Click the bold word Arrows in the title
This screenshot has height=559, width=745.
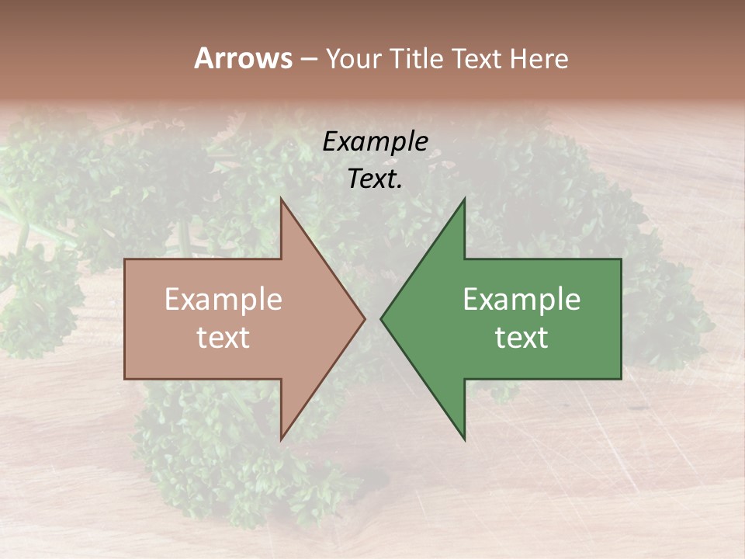pyautogui.click(x=243, y=58)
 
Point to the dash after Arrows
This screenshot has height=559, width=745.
pyautogui.click(x=308, y=60)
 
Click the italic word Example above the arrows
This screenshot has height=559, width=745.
pyautogui.click(x=375, y=141)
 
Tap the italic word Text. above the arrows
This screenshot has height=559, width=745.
pyautogui.click(x=375, y=179)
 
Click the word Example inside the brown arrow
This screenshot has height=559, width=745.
pyautogui.click(x=223, y=300)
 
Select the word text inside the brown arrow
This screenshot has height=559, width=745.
pyautogui.click(x=223, y=338)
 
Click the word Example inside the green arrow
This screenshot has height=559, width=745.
pyautogui.click(x=521, y=300)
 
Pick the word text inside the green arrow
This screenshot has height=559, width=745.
pyautogui.click(x=521, y=338)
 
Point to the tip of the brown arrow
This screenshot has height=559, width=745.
pyautogui.click(x=366, y=318)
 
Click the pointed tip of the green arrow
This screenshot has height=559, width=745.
pyautogui.click(x=380, y=318)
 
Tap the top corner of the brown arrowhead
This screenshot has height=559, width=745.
pyautogui.click(x=281, y=198)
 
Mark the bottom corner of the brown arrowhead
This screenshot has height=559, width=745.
pyautogui.click(x=281, y=440)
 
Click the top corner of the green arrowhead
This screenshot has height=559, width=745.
pyautogui.click(x=465, y=198)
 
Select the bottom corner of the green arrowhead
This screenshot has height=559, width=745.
pyautogui.click(x=465, y=440)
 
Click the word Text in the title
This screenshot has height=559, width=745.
pyautogui.click(x=476, y=58)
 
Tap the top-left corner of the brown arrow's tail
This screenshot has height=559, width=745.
pyautogui.click(x=125, y=259)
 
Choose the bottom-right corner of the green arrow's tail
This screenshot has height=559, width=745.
pyautogui.click(x=621, y=379)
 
